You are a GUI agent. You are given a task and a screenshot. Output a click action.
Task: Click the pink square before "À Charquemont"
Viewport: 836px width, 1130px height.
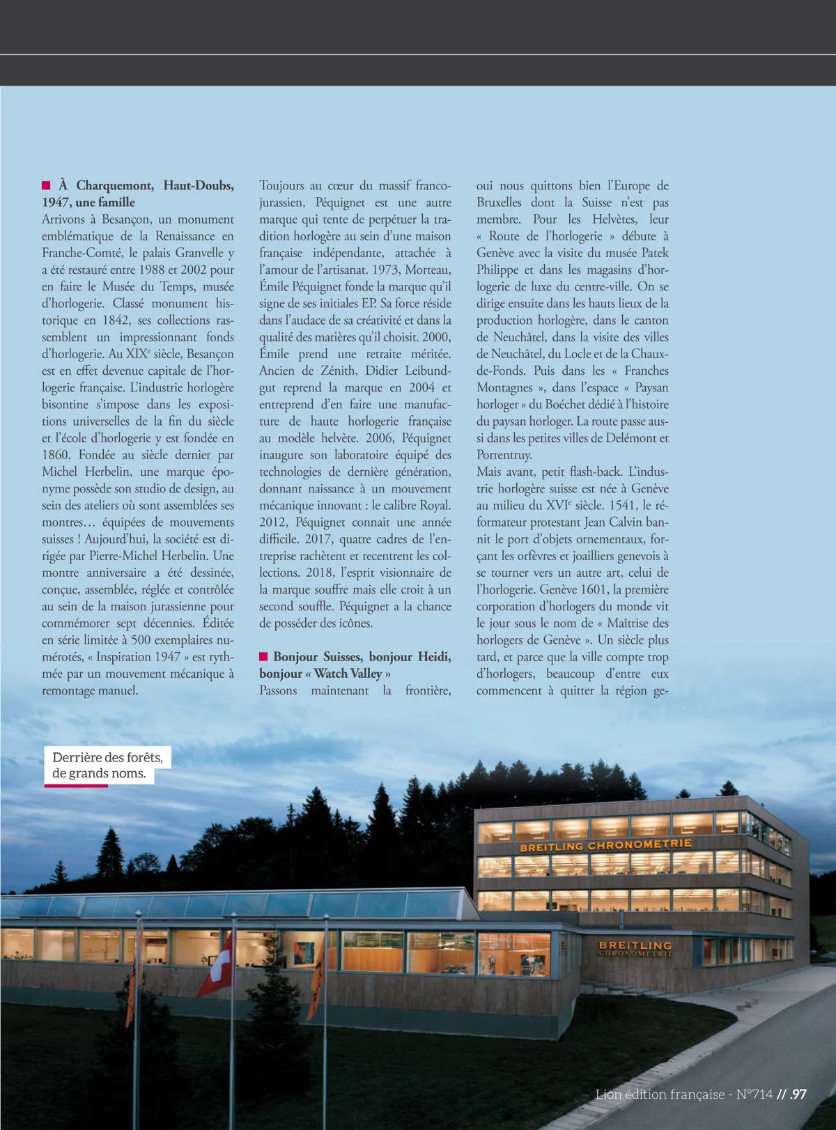pos(47,185)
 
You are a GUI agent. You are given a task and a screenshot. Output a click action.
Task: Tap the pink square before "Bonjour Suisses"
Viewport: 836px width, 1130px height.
pos(264,656)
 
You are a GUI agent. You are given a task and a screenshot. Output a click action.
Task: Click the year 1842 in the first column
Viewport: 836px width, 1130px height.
pos(116,320)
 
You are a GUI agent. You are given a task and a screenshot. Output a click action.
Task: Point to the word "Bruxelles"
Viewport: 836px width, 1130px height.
pos(499,203)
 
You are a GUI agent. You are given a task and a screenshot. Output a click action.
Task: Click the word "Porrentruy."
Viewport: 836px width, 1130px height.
pos(504,455)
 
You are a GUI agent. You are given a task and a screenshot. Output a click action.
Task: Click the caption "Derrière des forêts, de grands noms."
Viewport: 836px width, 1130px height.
pos(107,766)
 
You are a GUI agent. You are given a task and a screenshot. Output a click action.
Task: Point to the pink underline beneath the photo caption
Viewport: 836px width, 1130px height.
pos(76,786)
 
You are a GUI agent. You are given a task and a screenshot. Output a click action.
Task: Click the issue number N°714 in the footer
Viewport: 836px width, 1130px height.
pos(754,1094)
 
